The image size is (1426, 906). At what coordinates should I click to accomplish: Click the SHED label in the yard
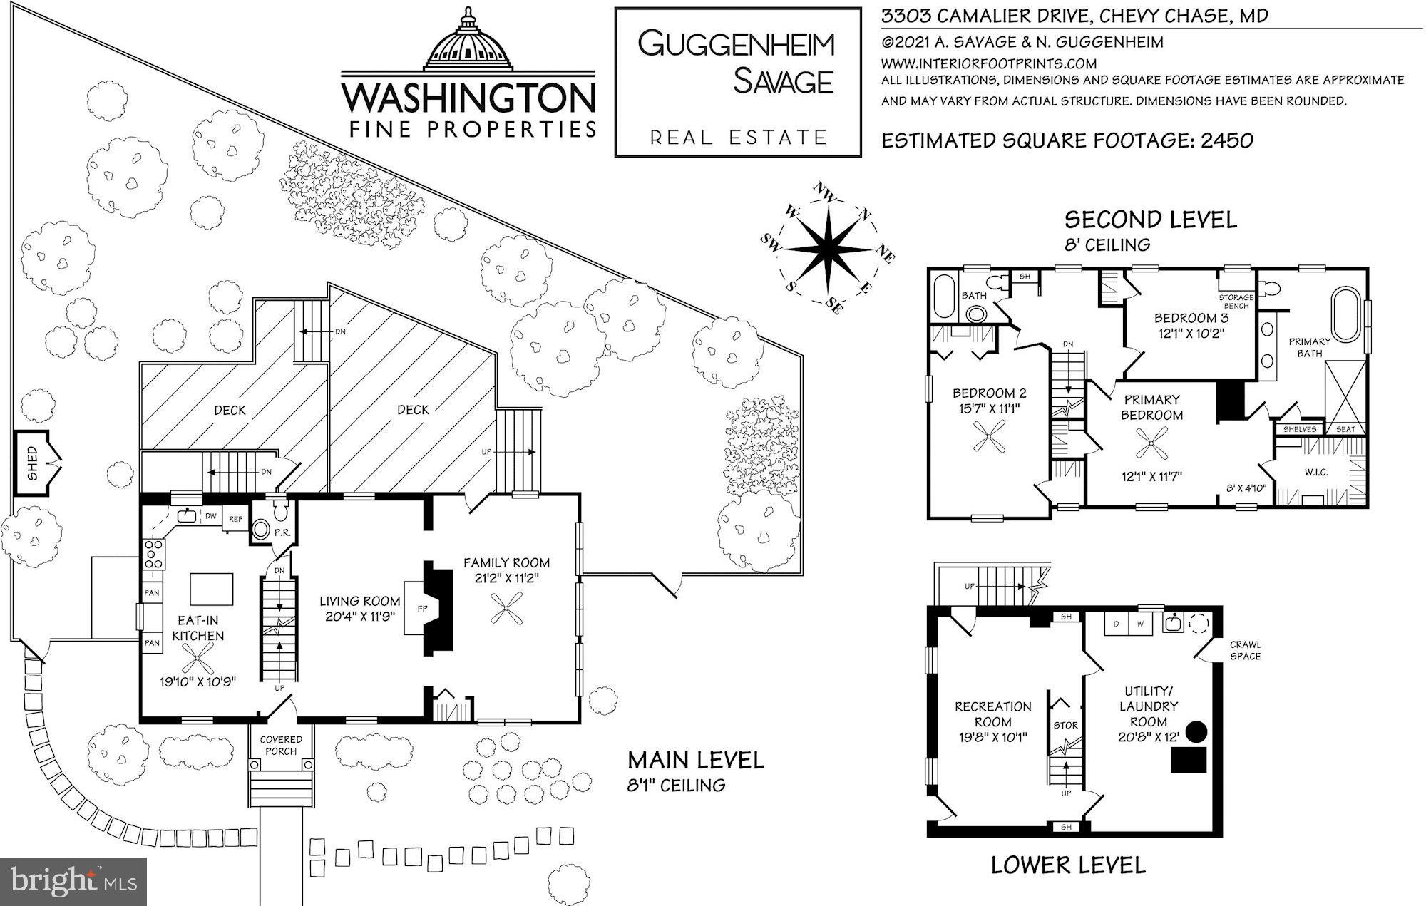click(32, 463)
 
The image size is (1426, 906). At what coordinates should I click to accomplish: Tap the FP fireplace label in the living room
click(422, 609)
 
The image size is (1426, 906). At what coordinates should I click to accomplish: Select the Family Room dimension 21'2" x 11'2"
click(506, 578)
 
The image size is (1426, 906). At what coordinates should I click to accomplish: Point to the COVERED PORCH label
click(281, 745)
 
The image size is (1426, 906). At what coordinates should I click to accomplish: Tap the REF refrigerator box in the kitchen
click(235, 519)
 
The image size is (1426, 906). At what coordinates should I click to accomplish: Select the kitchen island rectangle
click(212, 589)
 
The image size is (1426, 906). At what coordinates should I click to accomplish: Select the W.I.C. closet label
click(1316, 472)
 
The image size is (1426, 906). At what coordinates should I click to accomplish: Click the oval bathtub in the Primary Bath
click(1345, 319)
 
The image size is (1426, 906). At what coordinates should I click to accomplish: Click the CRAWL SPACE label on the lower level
click(1245, 650)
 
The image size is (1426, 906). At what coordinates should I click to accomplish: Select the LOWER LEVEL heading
click(1068, 865)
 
